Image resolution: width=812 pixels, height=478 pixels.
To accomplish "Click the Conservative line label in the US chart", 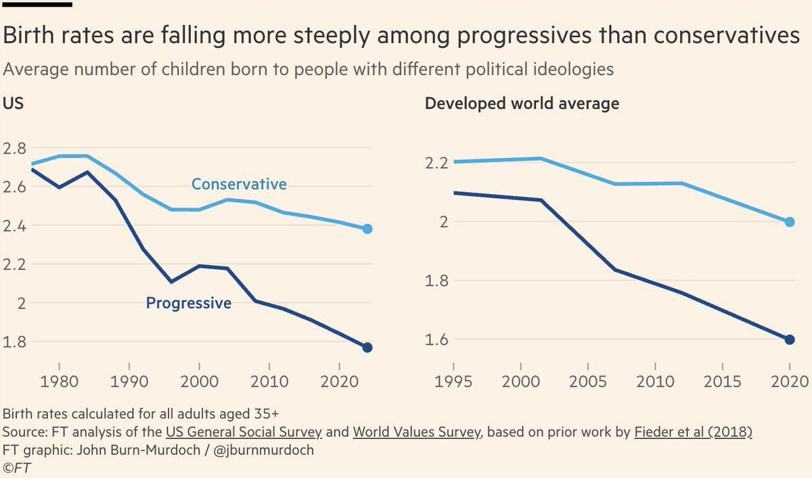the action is click(239, 184).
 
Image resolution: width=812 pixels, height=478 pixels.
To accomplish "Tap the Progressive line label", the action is click(189, 303).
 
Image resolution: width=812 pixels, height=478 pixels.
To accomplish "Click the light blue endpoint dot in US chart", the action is click(367, 229).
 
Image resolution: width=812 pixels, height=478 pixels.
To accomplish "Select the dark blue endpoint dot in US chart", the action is click(367, 348).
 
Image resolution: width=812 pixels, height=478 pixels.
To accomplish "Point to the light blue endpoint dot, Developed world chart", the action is click(790, 222).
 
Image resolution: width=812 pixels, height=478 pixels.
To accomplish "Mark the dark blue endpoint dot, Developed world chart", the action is click(790, 339).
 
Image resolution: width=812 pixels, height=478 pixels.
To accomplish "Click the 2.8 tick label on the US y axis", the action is click(14, 149).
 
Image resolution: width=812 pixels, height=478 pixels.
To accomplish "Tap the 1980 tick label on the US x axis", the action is click(59, 382).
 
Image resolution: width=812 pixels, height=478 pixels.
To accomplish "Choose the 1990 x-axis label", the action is click(129, 382).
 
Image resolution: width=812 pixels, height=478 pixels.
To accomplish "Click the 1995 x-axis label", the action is click(453, 382).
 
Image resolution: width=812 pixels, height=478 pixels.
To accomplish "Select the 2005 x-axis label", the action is click(587, 382).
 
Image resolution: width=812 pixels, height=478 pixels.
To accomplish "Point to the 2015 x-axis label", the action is click(722, 382).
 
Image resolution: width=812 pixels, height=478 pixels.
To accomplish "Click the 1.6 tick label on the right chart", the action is click(436, 340).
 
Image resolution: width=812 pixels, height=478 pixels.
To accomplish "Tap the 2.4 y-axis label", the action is click(14, 226).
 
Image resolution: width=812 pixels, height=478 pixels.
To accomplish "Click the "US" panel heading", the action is click(13, 103).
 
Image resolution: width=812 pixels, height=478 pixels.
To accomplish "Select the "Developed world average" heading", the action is click(522, 103).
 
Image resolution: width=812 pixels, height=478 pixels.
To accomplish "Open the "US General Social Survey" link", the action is click(244, 432).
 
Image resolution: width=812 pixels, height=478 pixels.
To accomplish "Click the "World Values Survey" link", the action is click(418, 432).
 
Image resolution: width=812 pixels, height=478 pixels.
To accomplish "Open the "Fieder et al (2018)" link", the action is click(693, 432).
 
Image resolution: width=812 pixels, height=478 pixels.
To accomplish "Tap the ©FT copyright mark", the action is click(17, 467).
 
